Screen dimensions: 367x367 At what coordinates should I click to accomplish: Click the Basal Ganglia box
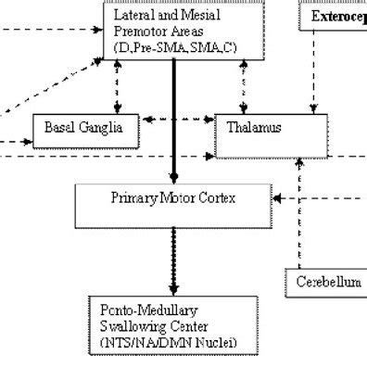(84, 127)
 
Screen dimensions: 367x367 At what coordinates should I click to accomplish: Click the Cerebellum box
(325, 280)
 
